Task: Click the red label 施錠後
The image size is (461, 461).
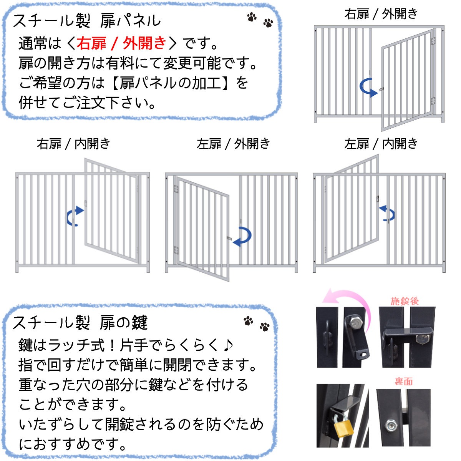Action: coord(405,301)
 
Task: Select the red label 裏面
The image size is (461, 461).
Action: coord(403,381)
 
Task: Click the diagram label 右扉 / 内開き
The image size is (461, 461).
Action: coord(73,144)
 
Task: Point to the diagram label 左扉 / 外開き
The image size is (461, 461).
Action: coord(233,144)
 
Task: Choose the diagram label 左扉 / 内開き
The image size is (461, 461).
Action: coord(381,144)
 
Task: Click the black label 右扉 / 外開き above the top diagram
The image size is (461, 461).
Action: coord(381,13)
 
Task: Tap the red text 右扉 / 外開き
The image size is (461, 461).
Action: coord(121,43)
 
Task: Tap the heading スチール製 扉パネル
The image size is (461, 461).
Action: coord(86,21)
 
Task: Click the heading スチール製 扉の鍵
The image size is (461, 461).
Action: coord(80,323)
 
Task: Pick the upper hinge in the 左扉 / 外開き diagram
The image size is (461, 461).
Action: coord(176,189)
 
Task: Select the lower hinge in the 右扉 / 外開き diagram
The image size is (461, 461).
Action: coord(433,101)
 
